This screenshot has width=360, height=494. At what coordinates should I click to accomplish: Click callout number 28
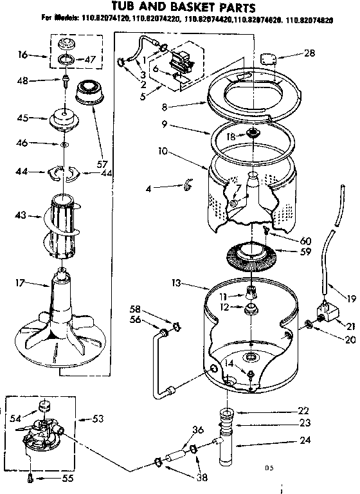(309, 53)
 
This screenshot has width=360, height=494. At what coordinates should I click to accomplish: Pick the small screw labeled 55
(30, 477)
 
